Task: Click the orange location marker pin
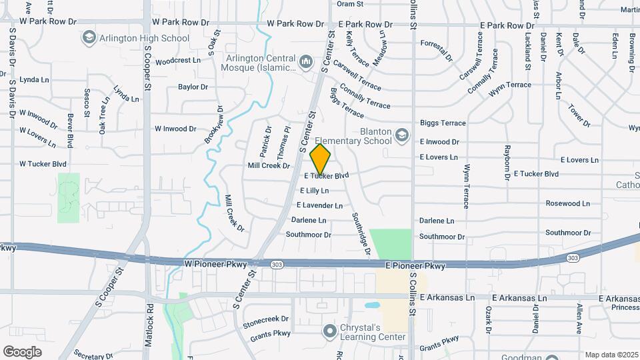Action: tap(321, 159)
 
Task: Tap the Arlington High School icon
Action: tap(89, 38)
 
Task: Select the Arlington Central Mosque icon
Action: tap(306, 62)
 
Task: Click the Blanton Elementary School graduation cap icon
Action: tap(402, 137)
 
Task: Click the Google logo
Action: tap(22, 352)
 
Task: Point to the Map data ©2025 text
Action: tap(610, 355)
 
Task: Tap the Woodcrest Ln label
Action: tap(177, 61)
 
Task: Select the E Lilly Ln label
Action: tap(315, 191)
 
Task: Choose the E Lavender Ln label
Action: tap(319, 205)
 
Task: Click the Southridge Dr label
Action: tap(361, 233)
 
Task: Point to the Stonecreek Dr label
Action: tap(265, 319)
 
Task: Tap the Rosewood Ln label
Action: tap(567, 203)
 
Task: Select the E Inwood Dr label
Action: tap(439, 142)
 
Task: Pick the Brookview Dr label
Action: tap(213, 125)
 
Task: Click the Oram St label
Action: tap(350, 4)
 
